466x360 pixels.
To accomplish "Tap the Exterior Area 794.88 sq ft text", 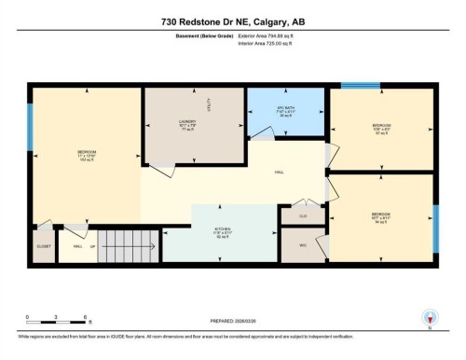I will point(271,35).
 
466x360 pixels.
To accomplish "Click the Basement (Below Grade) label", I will point(204,35).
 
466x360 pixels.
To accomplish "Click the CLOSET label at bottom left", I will point(43,246).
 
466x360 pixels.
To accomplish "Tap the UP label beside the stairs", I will point(91,246).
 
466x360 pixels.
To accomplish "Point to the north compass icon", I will point(430,318).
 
